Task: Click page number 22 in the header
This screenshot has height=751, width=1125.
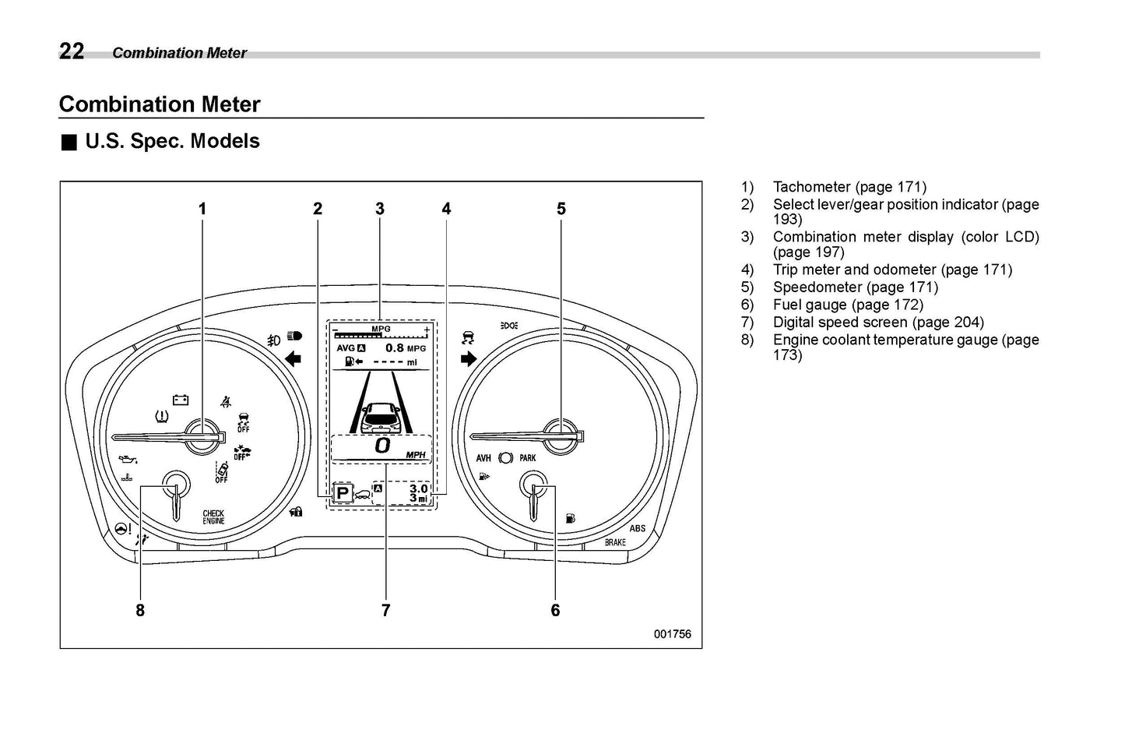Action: click(71, 51)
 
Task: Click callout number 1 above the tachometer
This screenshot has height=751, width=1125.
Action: click(202, 209)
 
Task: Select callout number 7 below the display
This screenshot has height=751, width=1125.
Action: click(385, 611)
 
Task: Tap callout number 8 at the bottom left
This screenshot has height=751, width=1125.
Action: click(140, 611)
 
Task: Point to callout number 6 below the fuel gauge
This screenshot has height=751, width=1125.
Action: click(555, 611)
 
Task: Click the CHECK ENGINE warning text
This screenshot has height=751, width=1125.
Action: click(213, 517)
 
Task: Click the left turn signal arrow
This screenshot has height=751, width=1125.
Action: click(294, 359)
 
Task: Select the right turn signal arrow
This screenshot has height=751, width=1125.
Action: click(469, 359)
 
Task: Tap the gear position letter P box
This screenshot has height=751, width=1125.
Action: click(342, 494)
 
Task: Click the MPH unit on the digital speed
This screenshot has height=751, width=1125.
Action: click(415, 455)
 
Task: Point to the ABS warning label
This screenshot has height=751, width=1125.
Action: click(637, 528)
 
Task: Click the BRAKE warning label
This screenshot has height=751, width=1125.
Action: click(615, 542)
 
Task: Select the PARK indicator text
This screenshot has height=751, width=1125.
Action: click(528, 458)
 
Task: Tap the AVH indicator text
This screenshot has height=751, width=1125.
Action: click(483, 458)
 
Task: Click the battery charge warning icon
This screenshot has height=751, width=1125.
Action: click(181, 400)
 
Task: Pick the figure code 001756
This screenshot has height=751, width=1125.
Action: click(672, 634)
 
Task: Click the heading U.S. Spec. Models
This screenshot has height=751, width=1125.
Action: click(172, 142)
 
